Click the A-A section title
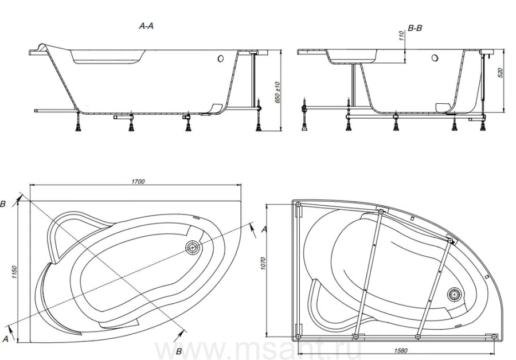[x=146, y=26]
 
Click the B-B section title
[x=415, y=28]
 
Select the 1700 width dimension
[x=138, y=181]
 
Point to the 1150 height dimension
[x=14, y=272]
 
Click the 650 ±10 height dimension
[x=277, y=92]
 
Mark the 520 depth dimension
[x=501, y=73]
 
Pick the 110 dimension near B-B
[x=401, y=36]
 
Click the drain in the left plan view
[x=192, y=247]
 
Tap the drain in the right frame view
[x=455, y=294]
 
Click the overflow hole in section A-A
[x=221, y=58]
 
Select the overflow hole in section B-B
[x=435, y=58]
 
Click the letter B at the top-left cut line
[x=3, y=204]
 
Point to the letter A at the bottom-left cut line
[x=5, y=338]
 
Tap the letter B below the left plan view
[x=179, y=351]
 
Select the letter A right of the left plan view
[x=264, y=229]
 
